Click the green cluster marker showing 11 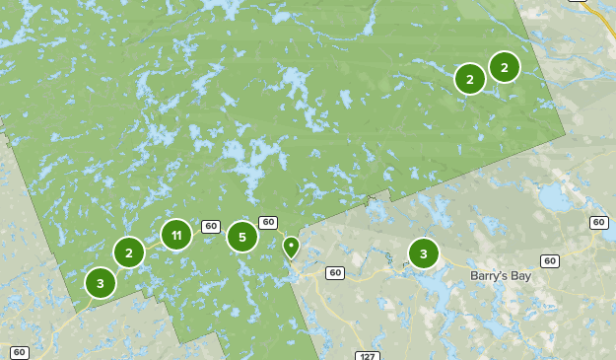pos(175,235)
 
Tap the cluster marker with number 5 pos(241,237)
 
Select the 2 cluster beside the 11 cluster pos(128,253)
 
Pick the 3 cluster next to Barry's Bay pos(423,253)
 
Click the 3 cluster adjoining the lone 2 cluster pos(100,283)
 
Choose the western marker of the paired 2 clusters pos(469,79)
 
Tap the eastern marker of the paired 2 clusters pos(504,67)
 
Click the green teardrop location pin pos(290,247)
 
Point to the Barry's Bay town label pos(500,276)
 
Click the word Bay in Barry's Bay pos(518,276)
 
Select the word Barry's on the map pos(488,276)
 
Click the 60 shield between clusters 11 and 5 pos(210,226)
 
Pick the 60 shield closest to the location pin pos(267,222)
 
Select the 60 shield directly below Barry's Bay pos(550,261)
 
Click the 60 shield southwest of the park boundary pos(20,352)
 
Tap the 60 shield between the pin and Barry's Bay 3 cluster pos(335,272)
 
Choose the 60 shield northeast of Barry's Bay pos(599,223)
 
